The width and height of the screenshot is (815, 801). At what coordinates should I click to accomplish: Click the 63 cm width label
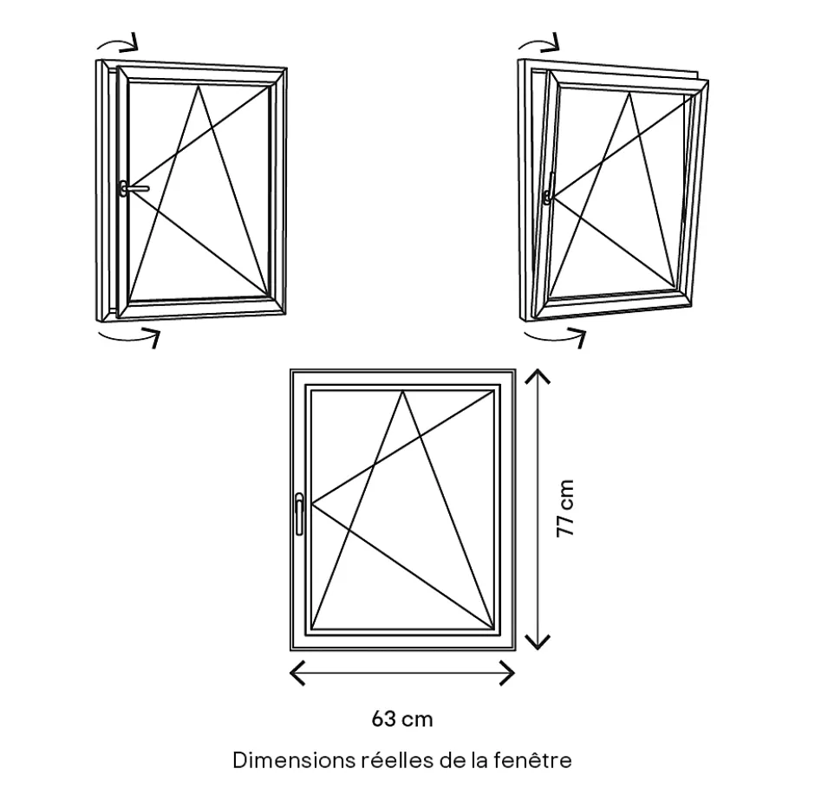pyautogui.click(x=401, y=720)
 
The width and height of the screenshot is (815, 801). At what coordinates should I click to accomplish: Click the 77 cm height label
pyautogui.click(x=565, y=508)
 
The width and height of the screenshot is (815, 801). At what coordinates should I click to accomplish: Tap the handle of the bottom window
pyautogui.click(x=299, y=514)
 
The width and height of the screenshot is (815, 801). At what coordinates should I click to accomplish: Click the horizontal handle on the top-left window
pyautogui.click(x=134, y=188)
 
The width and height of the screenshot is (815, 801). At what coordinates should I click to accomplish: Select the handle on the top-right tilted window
pyautogui.click(x=548, y=189)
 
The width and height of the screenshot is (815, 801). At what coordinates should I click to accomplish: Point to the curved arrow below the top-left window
pyautogui.click(x=129, y=337)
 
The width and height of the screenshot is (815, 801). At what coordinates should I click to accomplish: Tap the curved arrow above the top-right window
pyautogui.click(x=538, y=42)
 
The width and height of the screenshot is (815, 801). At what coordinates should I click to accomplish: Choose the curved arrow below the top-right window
pyautogui.click(x=555, y=337)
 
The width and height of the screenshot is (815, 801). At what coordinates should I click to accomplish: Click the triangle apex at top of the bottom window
pyautogui.click(x=402, y=392)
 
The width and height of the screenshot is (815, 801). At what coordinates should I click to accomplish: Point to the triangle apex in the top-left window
pyautogui.click(x=198, y=86)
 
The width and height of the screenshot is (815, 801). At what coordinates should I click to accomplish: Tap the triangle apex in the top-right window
pyautogui.click(x=629, y=93)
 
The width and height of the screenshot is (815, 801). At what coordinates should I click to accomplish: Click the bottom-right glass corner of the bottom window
pyautogui.click(x=493, y=628)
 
